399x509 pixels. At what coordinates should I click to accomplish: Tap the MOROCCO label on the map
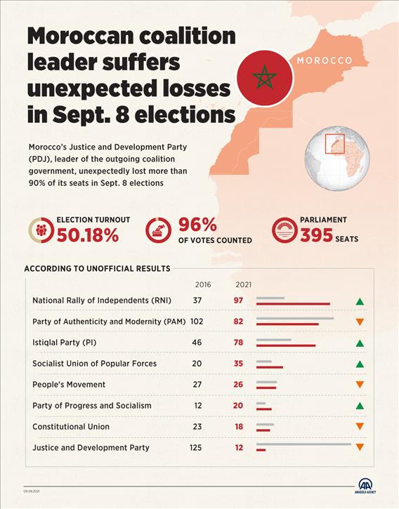(324, 60)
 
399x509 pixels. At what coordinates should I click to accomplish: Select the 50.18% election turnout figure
(87, 236)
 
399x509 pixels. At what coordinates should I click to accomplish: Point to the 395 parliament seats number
(316, 237)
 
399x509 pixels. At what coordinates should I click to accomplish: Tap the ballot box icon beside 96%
(159, 230)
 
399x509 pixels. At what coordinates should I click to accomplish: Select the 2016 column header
(202, 285)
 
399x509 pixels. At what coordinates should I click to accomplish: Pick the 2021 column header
(243, 285)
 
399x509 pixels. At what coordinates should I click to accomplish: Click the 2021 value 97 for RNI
(239, 300)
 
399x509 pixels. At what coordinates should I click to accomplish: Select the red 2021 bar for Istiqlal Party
(286, 345)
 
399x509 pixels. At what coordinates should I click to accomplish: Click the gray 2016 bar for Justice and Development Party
(303, 444)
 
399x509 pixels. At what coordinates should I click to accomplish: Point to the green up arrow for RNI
(360, 302)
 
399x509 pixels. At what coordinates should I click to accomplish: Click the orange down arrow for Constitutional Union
(360, 427)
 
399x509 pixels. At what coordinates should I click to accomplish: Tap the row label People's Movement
(69, 385)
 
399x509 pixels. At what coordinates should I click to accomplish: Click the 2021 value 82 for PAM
(239, 322)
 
